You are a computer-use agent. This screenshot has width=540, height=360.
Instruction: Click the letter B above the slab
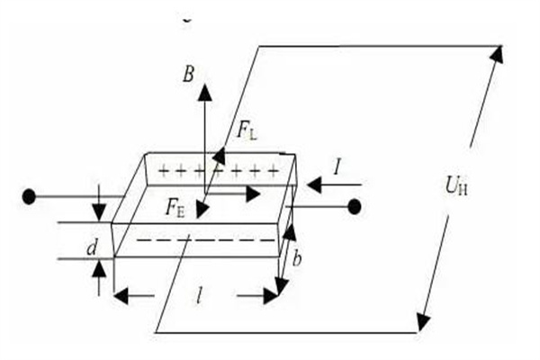point(188,75)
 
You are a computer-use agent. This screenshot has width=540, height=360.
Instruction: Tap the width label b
point(297,262)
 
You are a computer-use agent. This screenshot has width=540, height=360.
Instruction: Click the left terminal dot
point(30,195)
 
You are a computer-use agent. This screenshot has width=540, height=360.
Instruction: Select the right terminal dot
point(355,207)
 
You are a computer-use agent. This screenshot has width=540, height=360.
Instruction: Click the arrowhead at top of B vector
point(205,90)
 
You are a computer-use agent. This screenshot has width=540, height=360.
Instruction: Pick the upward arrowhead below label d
point(99,267)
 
